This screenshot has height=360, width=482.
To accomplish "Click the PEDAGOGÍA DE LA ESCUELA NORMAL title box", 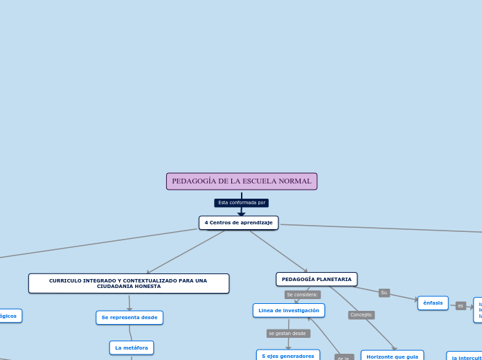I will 242,181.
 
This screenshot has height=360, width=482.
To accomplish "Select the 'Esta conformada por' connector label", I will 242,203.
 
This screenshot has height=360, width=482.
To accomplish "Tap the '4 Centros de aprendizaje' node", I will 238,222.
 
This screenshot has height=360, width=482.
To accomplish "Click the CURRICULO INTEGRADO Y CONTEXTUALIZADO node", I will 129,283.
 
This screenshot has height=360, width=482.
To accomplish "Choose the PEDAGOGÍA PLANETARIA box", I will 316,279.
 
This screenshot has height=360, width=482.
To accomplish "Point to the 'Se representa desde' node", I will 130,318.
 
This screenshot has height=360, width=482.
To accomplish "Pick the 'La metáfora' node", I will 132,348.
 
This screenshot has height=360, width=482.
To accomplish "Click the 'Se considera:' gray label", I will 303,294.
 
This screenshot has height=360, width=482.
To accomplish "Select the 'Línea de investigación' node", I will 289,310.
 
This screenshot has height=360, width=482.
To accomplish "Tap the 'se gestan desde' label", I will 287,333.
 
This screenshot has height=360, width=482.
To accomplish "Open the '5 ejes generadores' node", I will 288,355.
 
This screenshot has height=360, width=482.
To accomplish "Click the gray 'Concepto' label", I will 361,315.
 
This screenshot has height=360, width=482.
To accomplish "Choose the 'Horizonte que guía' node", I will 392,356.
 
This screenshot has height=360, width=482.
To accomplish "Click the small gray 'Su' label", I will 384,293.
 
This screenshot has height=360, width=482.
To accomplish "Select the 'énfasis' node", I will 433,303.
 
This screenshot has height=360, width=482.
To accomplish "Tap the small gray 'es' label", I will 461,305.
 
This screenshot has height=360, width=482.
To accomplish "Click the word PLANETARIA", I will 334,279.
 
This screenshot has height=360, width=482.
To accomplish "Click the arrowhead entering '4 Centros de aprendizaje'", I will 242,215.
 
